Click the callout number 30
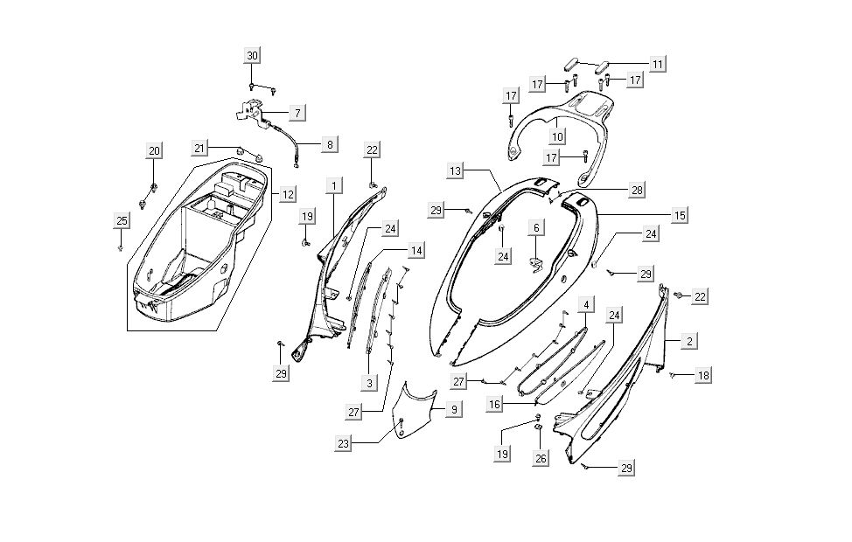pos(252,56)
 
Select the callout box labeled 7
pos(297,113)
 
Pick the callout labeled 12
pos(288,194)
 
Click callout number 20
pos(154,151)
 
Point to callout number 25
pos(122,221)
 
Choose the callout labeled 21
pos(200,148)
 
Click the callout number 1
pos(333,186)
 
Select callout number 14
pos(416,251)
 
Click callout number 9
pos(453,408)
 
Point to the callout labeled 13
pos(456,171)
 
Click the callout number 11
pos(657,63)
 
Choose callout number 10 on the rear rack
pos(557,136)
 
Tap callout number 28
pos(636,190)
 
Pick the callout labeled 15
pos(680,213)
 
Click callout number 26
pos(541,457)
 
